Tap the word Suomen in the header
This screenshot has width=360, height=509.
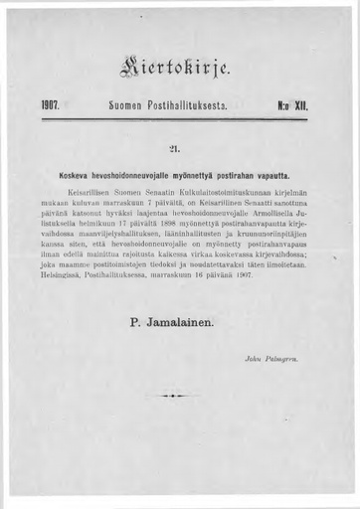(130, 103)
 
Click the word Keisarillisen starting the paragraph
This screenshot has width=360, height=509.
(90, 189)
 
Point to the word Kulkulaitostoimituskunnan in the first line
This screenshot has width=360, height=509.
(235, 189)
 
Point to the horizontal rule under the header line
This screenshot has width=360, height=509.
(180, 117)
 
